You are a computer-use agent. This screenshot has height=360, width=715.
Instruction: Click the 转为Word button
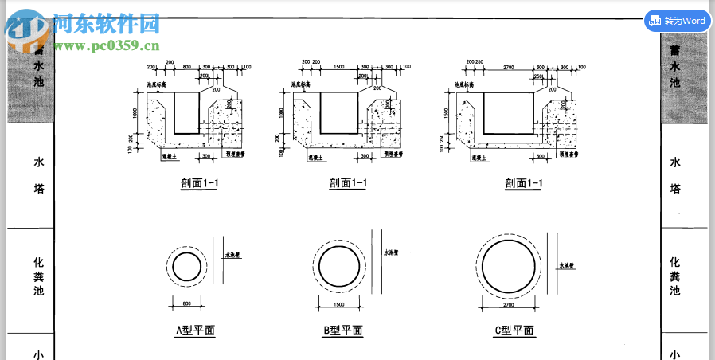(x=677, y=21)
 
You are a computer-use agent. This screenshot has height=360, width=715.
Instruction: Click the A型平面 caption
(x=195, y=330)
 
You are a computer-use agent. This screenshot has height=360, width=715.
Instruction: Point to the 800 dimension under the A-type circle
(x=187, y=303)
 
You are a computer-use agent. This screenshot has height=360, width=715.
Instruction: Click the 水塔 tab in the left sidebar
(x=38, y=175)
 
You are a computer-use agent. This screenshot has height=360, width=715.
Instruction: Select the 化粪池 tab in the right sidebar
(x=674, y=276)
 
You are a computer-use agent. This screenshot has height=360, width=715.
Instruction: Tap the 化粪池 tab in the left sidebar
(x=38, y=276)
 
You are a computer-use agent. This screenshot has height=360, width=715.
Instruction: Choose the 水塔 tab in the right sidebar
(x=674, y=175)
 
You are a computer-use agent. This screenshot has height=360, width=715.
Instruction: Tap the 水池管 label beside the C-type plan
(x=567, y=265)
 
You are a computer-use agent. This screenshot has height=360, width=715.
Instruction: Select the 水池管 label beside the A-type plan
(x=232, y=256)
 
